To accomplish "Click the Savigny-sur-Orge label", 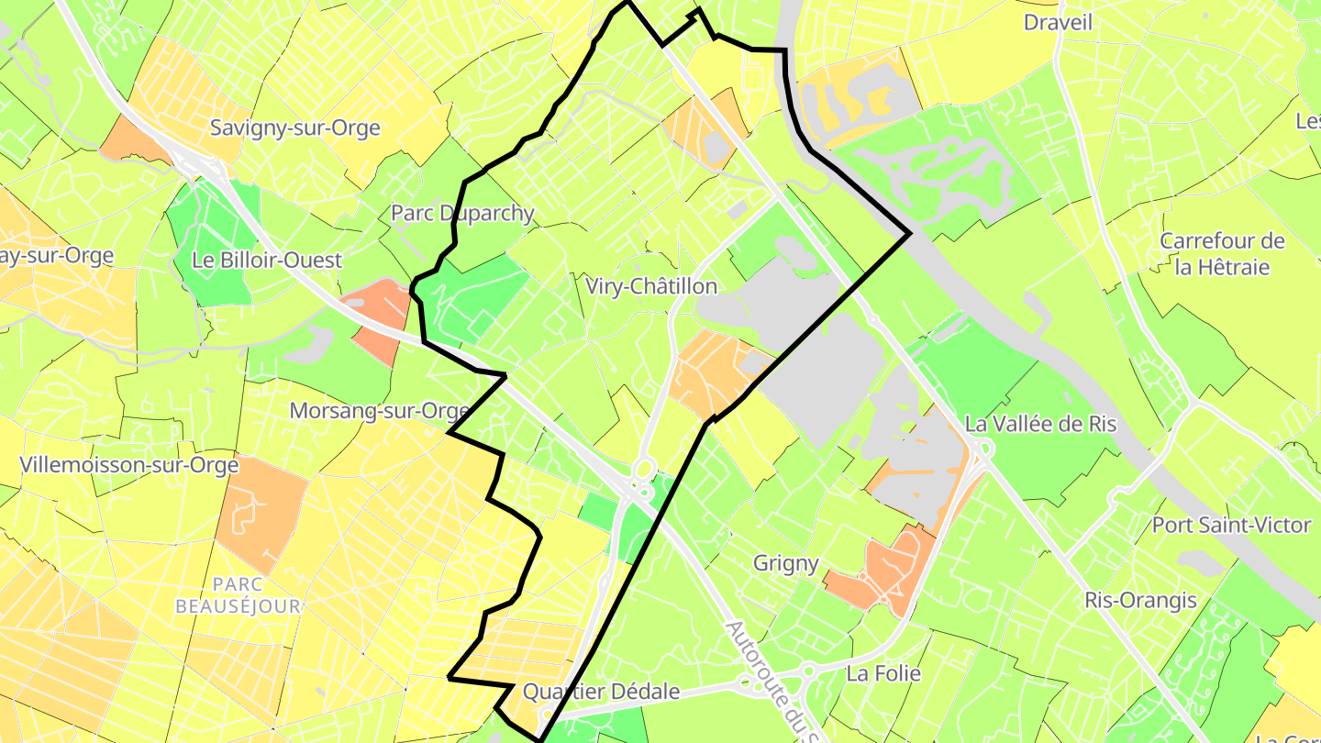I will [294, 128].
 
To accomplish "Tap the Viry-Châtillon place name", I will [650, 286].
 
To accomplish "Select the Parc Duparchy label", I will [462, 213].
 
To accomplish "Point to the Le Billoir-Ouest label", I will [267, 260].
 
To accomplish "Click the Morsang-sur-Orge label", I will [380, 411].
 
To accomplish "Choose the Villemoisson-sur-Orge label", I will [128, 465].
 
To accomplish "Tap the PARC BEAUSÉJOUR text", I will [238, 594].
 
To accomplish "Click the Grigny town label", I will [785, 562].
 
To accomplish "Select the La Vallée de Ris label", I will [1040, 424].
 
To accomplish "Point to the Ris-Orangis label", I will [1140, 600].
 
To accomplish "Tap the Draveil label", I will [1058, 22].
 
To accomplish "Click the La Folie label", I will [883, 673].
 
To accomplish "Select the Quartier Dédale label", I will [602, 692].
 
